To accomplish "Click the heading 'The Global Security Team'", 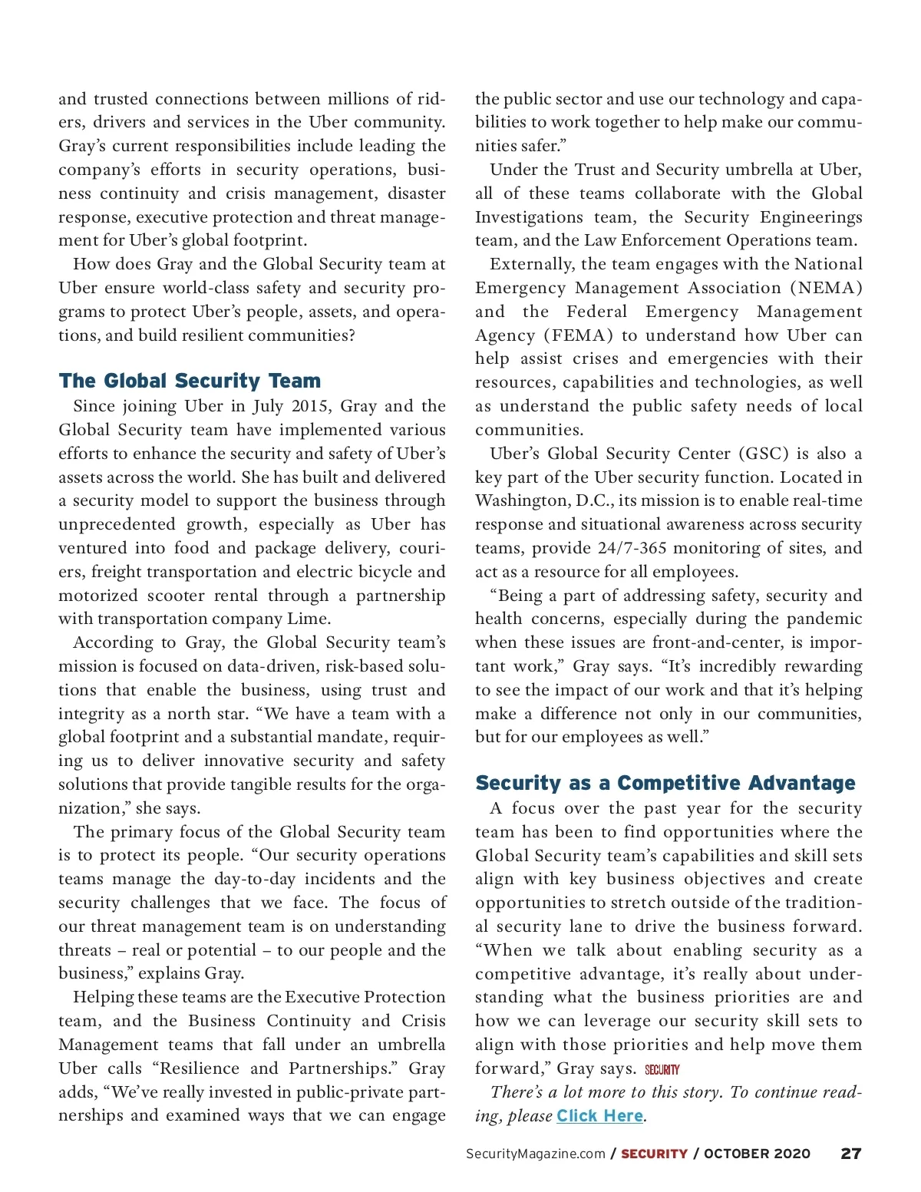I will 190,381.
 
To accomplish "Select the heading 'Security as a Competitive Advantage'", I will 665,783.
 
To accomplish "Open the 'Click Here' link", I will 599,1116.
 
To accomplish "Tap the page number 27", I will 850,1154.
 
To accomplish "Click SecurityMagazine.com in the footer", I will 535,1154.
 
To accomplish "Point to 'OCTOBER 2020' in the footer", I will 757,1154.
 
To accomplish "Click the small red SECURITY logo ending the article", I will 662,1069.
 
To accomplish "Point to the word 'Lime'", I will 312,619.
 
